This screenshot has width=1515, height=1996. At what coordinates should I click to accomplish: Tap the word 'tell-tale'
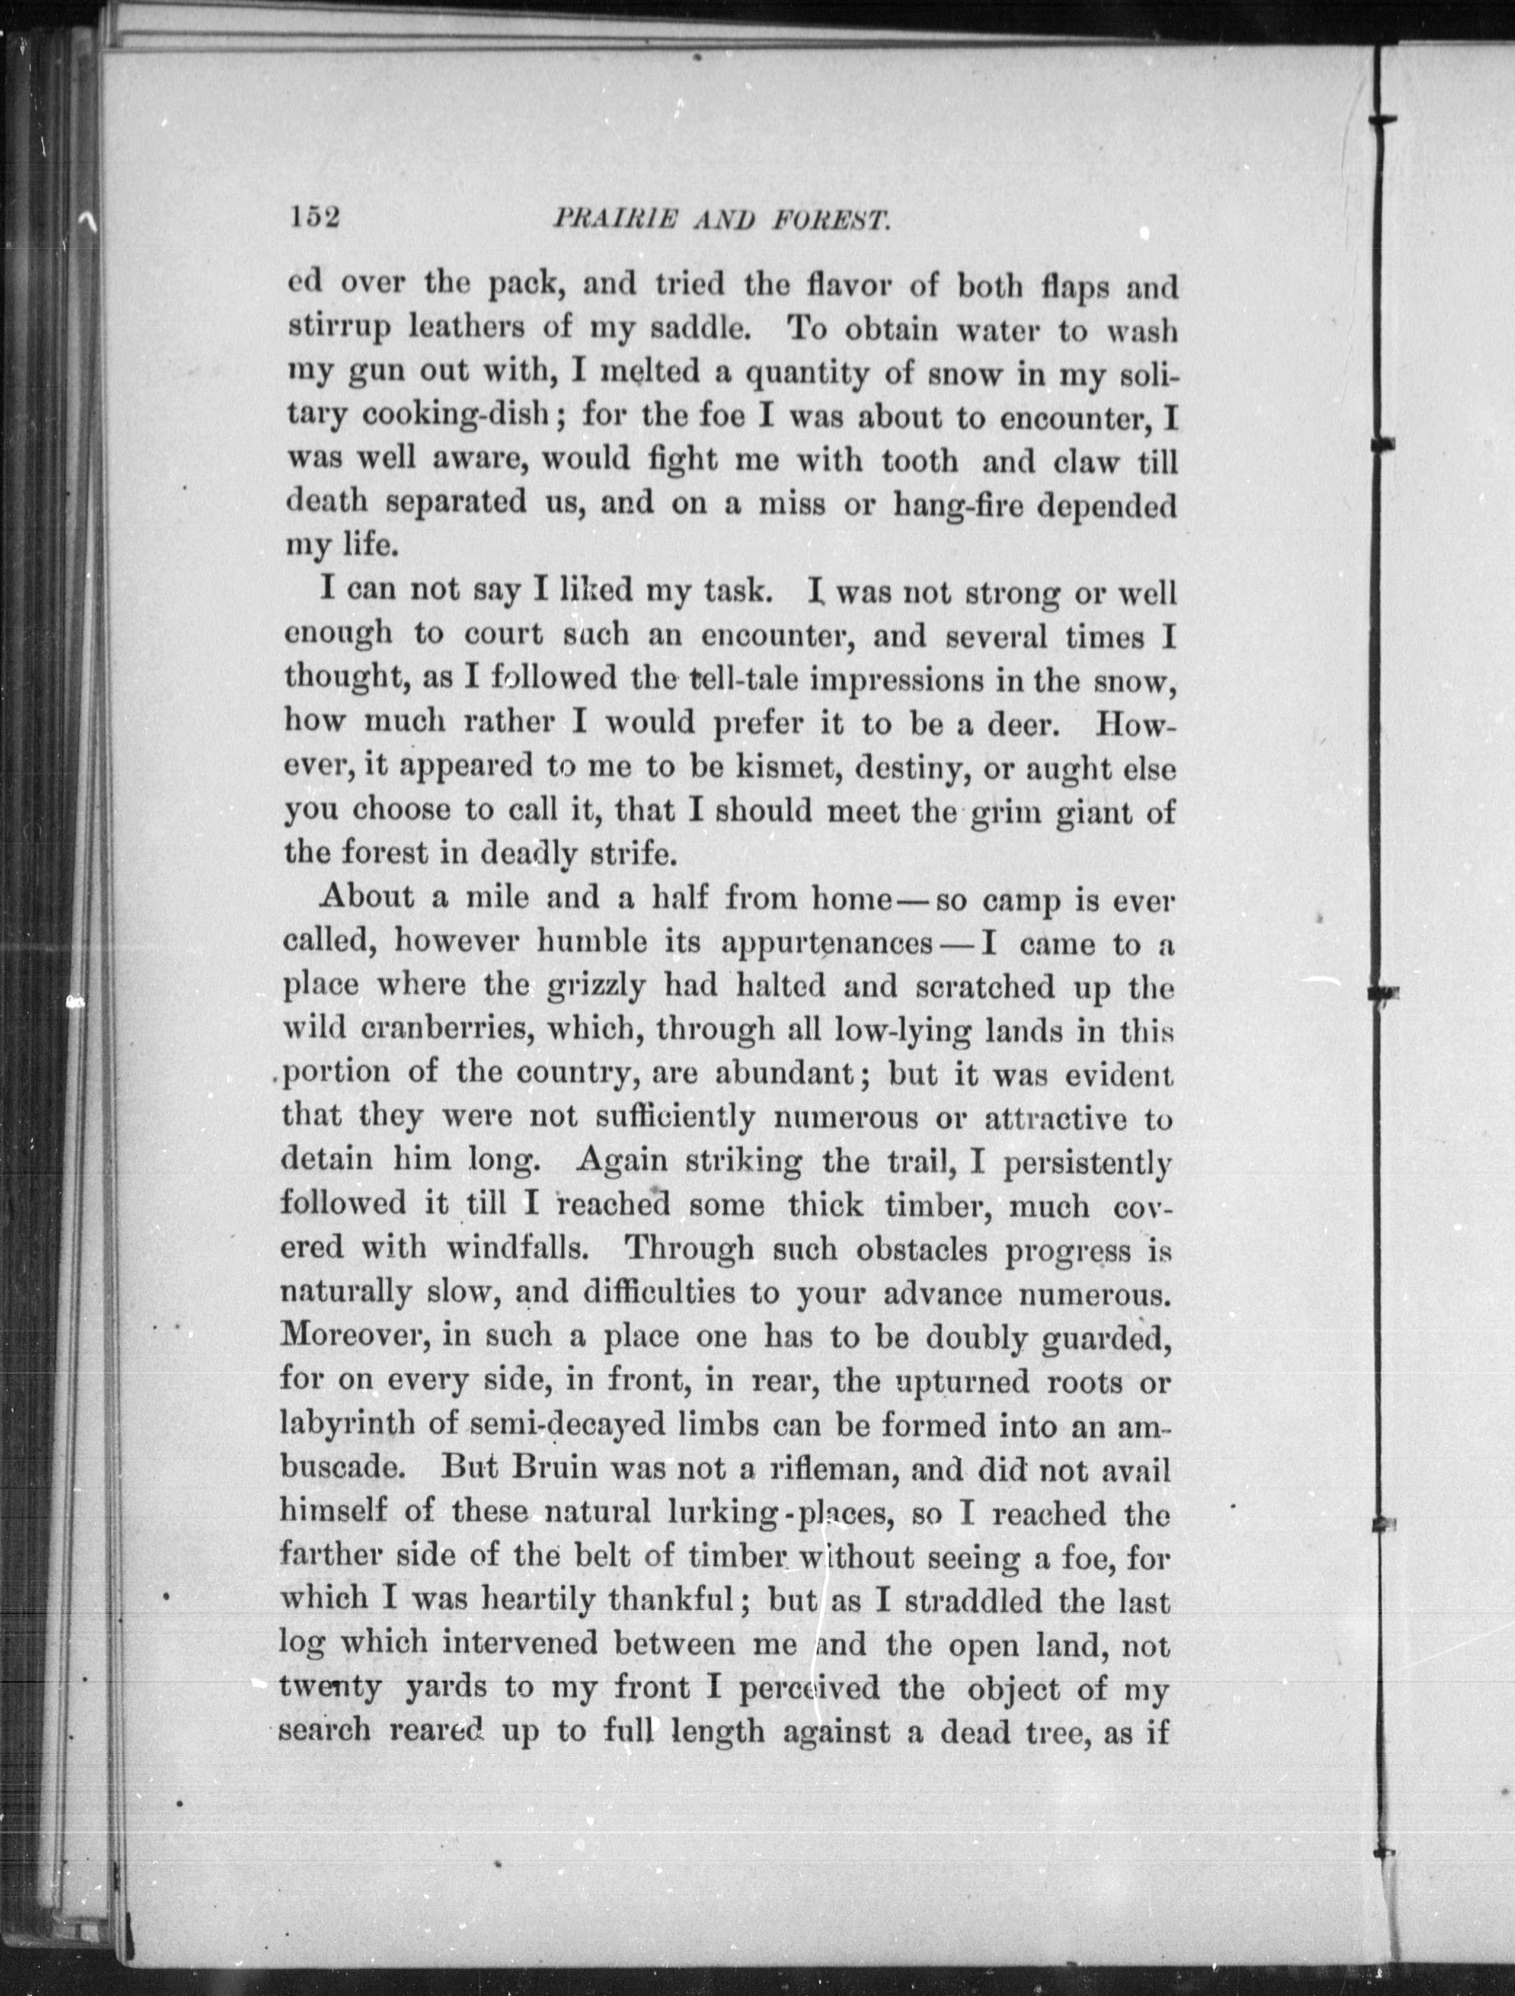tap(741, 680)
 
